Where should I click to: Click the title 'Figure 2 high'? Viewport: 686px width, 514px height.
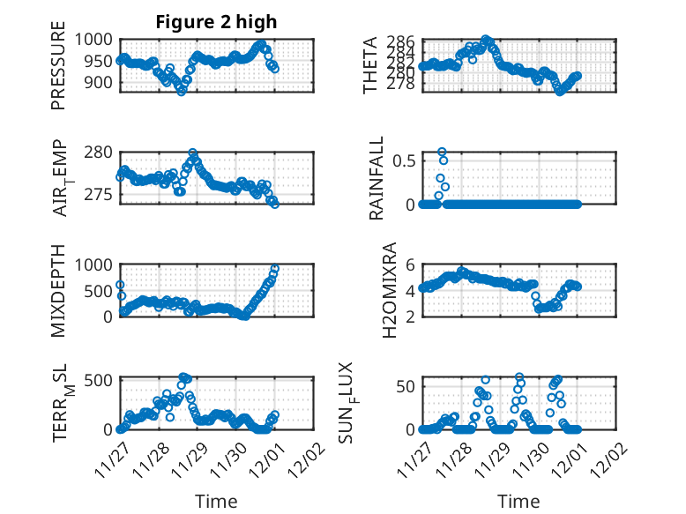pyautogui.click(x=216, y=22)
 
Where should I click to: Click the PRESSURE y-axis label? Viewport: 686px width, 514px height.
pyautogui.click(x=58, y=72)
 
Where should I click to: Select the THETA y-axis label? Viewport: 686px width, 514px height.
pyautogui.click(x=370, y=65)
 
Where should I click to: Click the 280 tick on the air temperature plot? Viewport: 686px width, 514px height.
pyautogui.click(x=102, y=152)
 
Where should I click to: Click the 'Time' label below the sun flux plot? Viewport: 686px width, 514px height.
pyautogui.click(x=519, y=501)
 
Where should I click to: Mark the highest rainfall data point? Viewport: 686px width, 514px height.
pyautogui.click(x=442, y=152)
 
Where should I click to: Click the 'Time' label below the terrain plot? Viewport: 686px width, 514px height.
pyautogui.click(x=216, y=501)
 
